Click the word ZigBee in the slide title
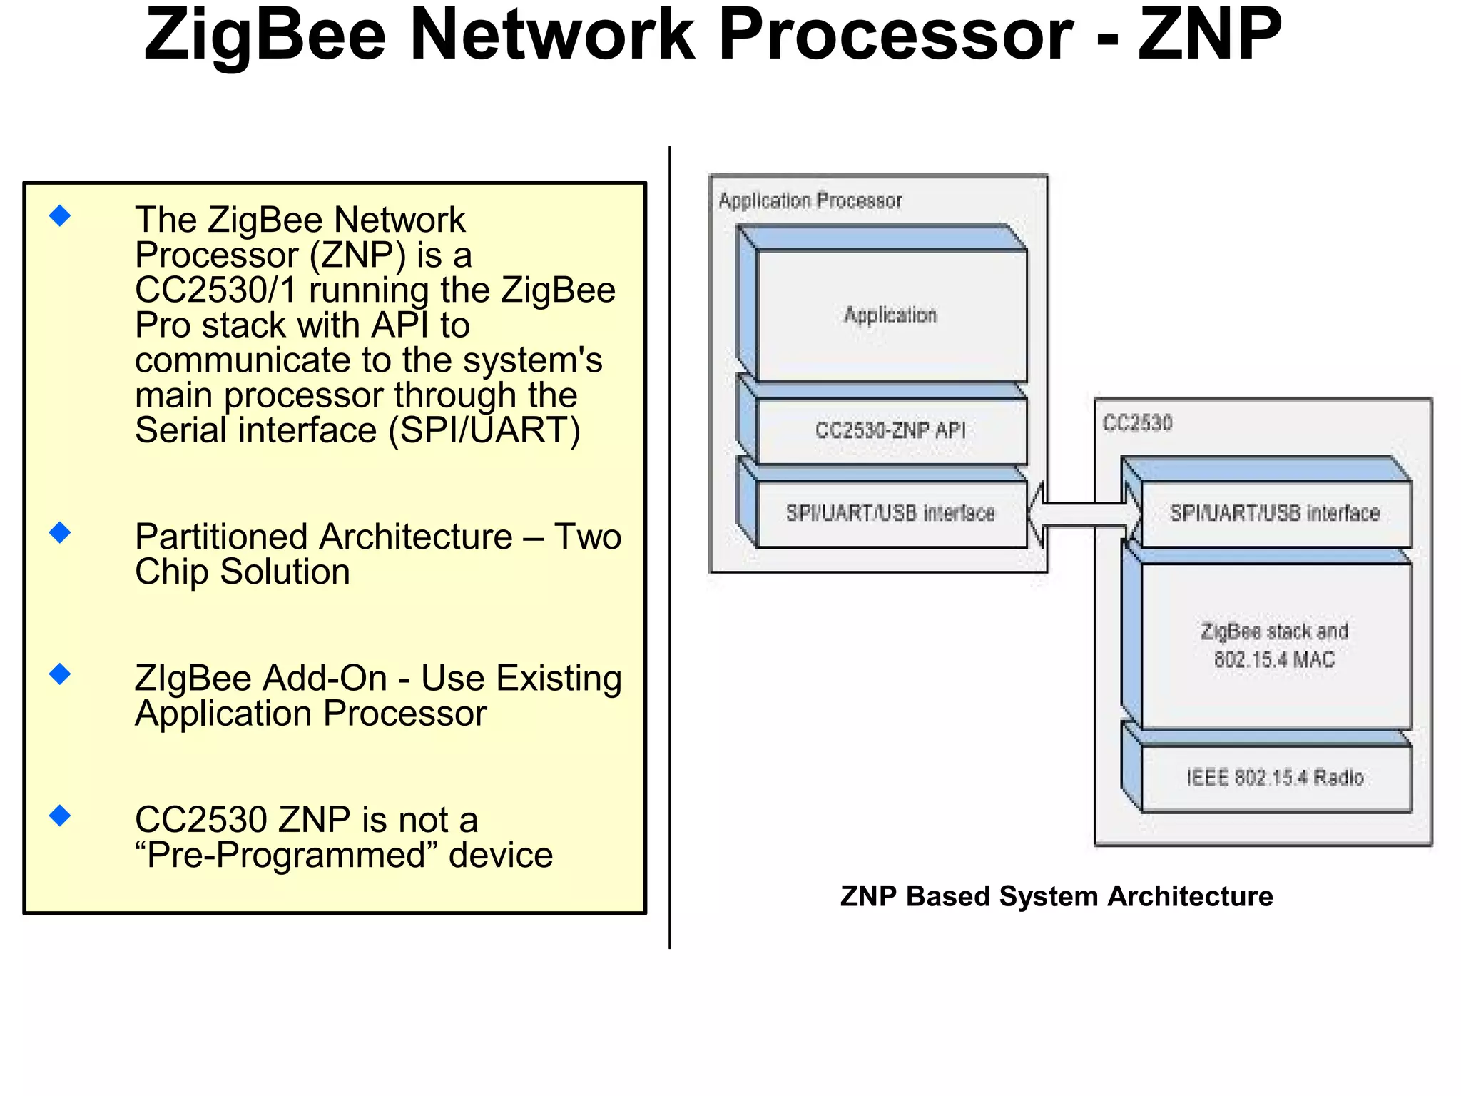(x=264, y=36)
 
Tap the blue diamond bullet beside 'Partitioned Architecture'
(x=61, y=532)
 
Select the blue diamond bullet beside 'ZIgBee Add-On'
(x=61, y=674)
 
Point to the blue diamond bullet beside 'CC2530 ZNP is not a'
(x=61, y=816)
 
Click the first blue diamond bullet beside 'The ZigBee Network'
(x=61, y=215)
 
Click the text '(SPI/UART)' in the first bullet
(x=484, y=431)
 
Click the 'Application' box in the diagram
(x=891, y=315)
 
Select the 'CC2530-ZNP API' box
(x=891, y=430)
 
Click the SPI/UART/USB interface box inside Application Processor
(x=891, y=513)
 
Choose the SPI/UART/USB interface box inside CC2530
(x=1275, y=513)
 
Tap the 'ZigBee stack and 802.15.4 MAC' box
(x=1275, y=644)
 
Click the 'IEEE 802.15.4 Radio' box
(x=1275, y=777)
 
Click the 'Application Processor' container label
(x=810, y=201)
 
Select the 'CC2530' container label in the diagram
(x=1138, y=423)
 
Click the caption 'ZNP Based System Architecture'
(x=1057, y=896)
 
